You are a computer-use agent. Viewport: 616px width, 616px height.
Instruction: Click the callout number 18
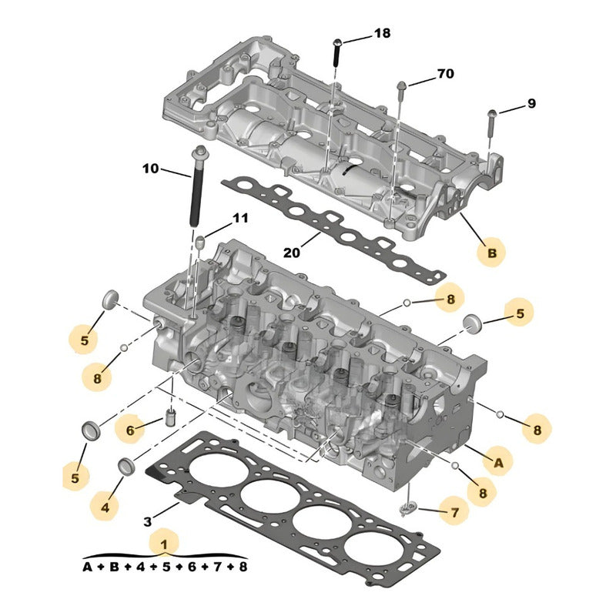382,33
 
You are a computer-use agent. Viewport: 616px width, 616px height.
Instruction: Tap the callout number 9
531,104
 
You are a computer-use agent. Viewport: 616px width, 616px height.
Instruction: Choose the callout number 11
240,219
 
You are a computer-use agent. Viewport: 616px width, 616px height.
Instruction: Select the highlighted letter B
490,253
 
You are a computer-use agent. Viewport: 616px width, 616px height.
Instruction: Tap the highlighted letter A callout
497,461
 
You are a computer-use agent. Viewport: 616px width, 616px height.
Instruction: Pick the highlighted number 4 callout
105,507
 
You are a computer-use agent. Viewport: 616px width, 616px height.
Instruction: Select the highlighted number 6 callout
130,430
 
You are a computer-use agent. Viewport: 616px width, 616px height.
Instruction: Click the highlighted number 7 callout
454,511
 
